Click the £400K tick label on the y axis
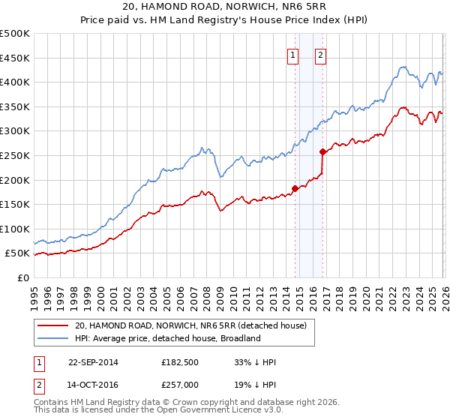[15, 82]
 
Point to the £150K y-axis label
[15, 204]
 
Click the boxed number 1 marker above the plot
[293, 54]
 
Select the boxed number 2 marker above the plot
[320, 54]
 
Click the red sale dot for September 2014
[295, 189]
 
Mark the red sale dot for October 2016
[322, 152]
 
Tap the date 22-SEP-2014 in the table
[93, 362]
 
